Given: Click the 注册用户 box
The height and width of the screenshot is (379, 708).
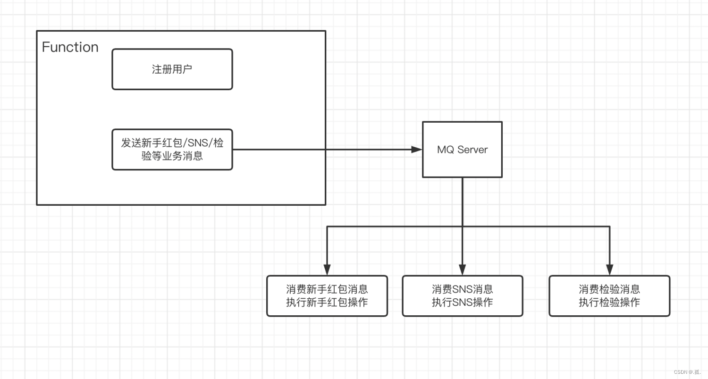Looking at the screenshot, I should pos(172,69).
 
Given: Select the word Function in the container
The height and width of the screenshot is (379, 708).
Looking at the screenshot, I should pos(70,47).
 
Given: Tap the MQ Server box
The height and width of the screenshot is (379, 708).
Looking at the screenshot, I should pos(462,150).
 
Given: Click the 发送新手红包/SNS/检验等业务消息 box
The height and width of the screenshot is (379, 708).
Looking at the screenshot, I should pos(172,150).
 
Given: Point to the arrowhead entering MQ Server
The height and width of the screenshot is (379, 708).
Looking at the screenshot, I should pos(417,150).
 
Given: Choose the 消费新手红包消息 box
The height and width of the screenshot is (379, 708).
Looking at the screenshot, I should pos(327,296).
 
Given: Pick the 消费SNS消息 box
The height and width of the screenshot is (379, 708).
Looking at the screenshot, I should pos(462,296).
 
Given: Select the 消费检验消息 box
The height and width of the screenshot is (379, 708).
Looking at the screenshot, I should pos(609,296).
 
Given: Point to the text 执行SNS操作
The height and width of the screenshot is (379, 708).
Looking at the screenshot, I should pos(462,303).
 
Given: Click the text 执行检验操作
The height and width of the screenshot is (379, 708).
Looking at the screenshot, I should pos(609,303).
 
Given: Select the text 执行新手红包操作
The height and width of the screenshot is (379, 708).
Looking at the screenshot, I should pos(327,303).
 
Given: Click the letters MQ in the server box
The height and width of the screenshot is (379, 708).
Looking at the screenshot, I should pos(446,150).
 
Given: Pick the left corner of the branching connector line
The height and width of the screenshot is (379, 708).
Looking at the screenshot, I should pos(327,227).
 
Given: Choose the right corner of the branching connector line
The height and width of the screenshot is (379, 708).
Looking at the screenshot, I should pos(609,227).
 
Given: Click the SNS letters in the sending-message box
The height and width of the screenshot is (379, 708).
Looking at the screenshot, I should pos(195,143).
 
